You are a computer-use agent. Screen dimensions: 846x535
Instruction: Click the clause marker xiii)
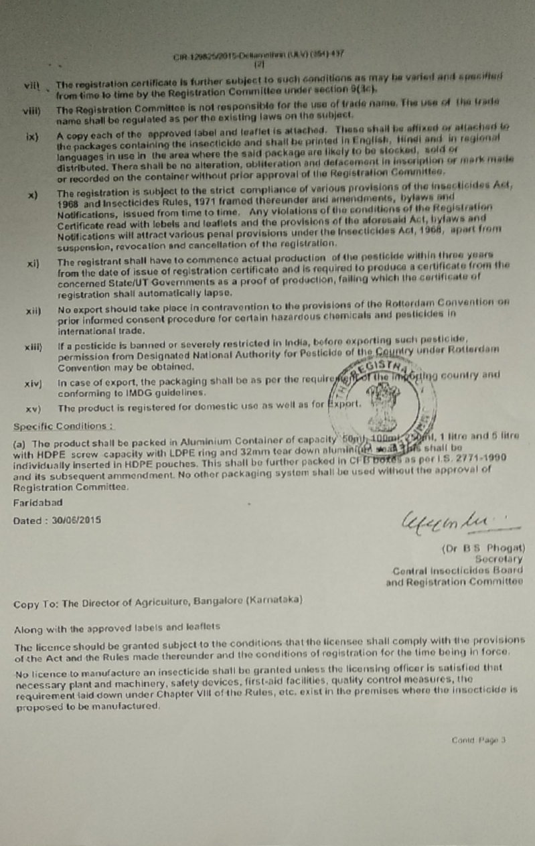tap(33, 346)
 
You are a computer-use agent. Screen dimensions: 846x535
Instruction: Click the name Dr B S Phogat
tap(483, 547)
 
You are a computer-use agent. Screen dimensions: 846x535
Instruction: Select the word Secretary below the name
tap(498, 558)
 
